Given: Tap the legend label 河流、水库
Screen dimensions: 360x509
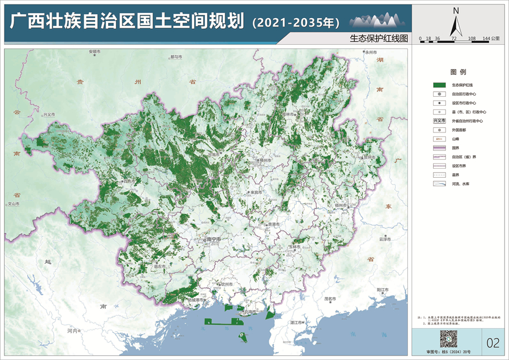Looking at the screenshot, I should click(461, 185).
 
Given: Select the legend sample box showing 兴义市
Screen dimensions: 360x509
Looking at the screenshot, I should click(439, 121).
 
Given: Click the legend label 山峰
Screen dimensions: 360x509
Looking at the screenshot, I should click(455, 139).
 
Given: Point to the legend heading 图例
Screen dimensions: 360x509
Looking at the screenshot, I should click(458, 72).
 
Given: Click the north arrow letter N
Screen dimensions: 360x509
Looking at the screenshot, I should click(456, 10).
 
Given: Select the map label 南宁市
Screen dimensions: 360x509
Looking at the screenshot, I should click(214, 239).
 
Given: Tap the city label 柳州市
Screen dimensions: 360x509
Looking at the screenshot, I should click(264, 161).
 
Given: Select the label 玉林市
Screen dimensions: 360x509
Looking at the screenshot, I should click(294, 247).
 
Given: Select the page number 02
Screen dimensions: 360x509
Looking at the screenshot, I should click(493, 342).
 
